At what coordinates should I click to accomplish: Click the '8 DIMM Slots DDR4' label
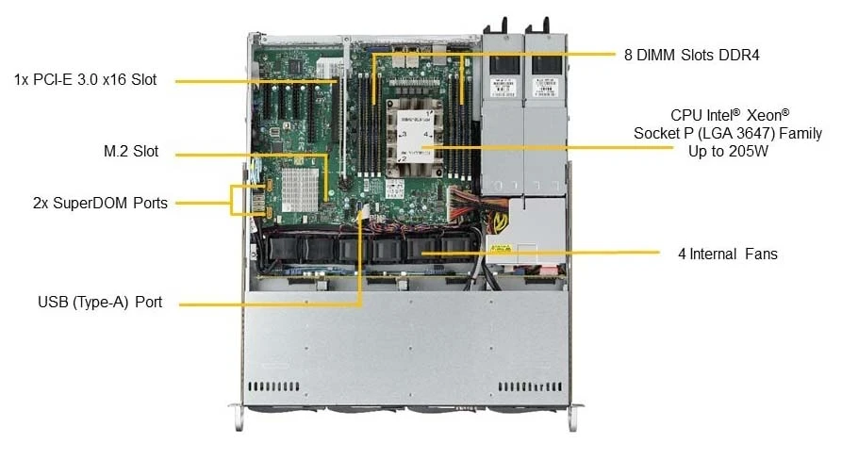[x=692, y=55]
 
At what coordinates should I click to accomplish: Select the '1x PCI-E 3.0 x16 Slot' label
[x=86, y=79]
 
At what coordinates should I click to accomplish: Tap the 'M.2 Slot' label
[x=131, y=151]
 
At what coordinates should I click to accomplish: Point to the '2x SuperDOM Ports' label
[x=100, y=203]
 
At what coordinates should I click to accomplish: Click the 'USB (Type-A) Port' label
[x=100, y=302]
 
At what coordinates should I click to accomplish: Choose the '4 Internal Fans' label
[x=728, y=254]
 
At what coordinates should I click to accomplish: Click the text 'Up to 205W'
[x=728, y=151]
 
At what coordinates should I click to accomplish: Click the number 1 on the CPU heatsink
[x=428, y=114]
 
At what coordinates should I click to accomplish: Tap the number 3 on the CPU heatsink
[x=404, y=134]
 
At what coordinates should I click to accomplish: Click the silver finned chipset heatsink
[x=300, y=189]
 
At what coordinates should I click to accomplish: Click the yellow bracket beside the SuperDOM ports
[x=231, y=200]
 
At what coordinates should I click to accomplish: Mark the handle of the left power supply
[x=504, y=25]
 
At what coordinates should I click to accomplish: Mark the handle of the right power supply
[x=546, y=25]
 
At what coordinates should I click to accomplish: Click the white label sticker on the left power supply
[x=504, y=87]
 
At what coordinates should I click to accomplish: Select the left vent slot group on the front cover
[x=273, y=386]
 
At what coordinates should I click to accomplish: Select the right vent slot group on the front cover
[x=530, y=386]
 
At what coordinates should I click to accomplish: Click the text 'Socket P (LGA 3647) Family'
[x=728, y=133]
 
